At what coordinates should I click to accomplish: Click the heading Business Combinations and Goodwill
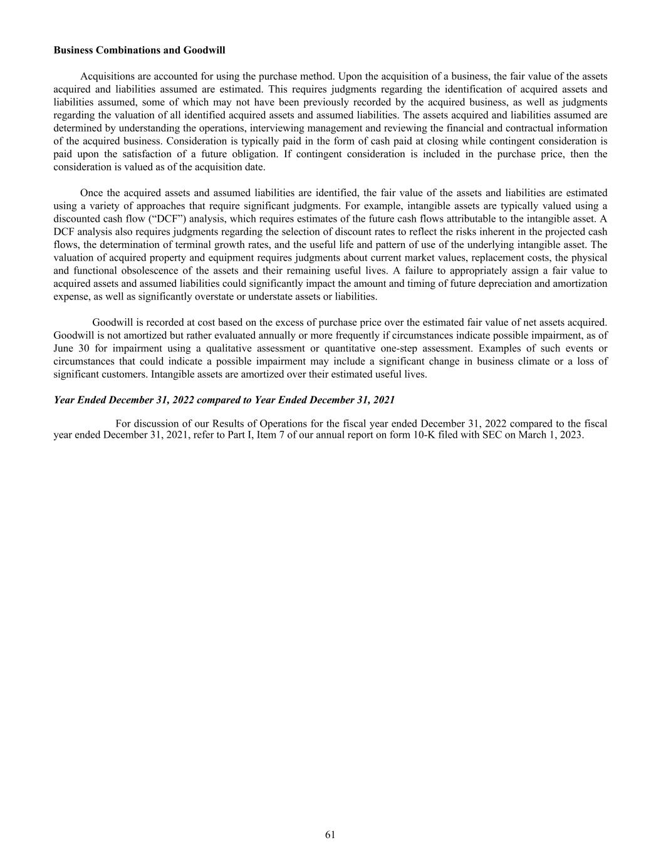(x=139, y=49)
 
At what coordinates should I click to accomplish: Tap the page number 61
(x=330, y=834)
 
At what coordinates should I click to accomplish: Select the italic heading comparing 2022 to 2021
(x=224, y=400)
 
